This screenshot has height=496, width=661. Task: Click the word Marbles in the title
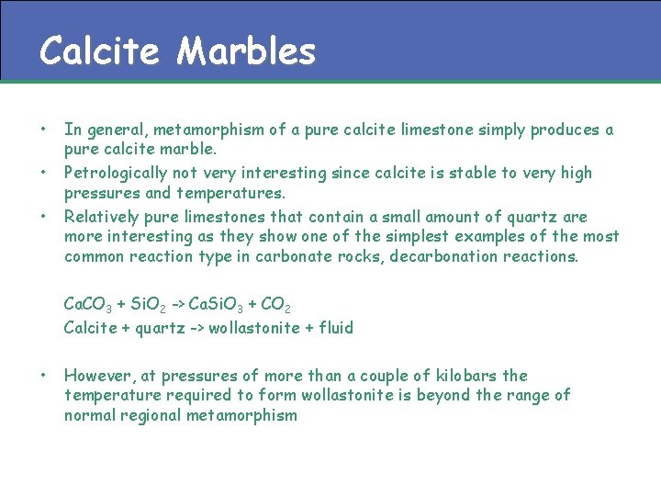click(x=246, y=51)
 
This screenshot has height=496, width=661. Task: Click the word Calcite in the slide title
click(x=100, y=51)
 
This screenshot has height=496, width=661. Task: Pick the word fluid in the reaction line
click(x=334, y=327)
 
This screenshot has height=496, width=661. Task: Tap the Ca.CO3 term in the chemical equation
click(x=89, y=304)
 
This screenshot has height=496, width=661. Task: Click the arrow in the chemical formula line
click(x=174, y=304)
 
